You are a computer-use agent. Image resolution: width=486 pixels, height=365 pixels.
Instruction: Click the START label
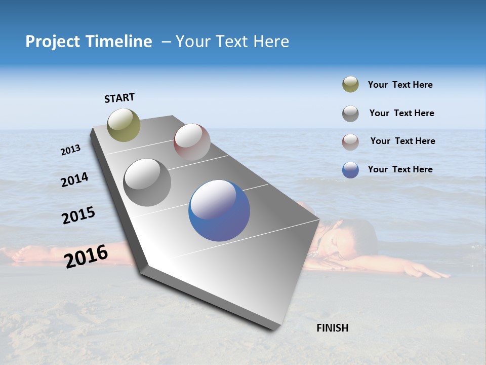pos(119,98)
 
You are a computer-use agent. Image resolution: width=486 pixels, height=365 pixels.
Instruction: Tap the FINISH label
pos(333,328)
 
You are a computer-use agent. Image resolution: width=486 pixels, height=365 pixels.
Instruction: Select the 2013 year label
pos(71,150)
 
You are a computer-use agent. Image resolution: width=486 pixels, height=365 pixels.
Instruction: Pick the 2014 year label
pos(75,180)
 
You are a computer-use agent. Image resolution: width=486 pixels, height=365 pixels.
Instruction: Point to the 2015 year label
pos(78,215)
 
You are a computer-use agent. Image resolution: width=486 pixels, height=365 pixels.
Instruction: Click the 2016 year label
pos(86,256)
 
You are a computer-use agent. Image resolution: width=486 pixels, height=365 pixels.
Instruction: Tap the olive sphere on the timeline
pos(124,125)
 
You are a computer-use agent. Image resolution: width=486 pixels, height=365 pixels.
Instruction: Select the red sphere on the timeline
pos(192,141)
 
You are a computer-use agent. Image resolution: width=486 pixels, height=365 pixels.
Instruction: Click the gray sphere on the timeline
pos(147,182)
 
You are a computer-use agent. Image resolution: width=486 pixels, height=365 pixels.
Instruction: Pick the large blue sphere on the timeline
pos(219,210)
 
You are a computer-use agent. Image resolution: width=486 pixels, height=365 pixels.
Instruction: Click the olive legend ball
pos(350,85)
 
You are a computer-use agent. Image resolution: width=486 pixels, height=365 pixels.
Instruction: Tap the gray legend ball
pos(350,114)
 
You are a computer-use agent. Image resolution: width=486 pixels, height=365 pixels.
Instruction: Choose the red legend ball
pos(350,142)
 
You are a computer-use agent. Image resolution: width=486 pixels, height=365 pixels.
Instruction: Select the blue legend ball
pos(350,170)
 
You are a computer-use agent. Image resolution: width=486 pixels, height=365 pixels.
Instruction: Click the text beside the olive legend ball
pos(400,85)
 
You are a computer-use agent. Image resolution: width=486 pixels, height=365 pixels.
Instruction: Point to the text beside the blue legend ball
pos(400,169)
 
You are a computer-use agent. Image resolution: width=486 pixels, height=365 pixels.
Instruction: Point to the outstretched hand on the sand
pos(430,272)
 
